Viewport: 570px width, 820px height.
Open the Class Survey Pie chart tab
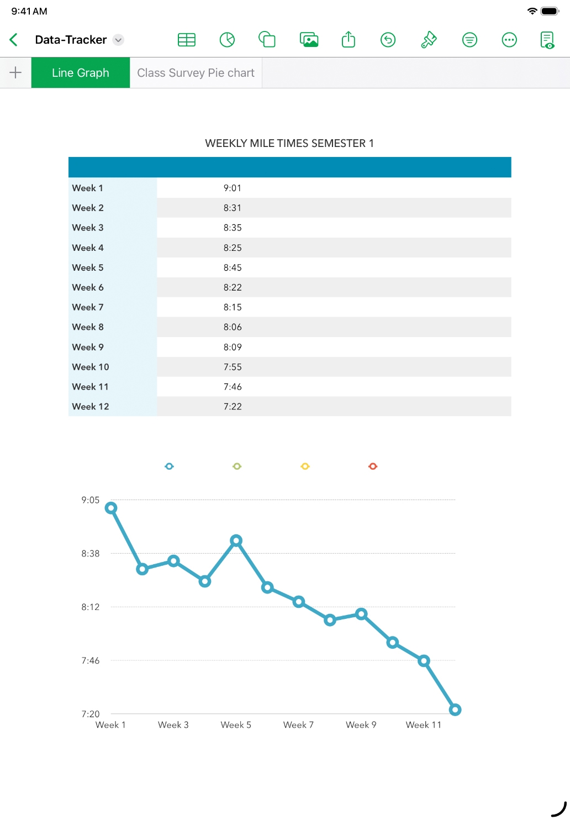pyautogui.click(x=196, y=73)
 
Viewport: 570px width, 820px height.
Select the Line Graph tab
pyautogui.click(x=81, y=73)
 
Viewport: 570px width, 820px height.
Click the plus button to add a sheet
pyautogui.click(x=15, y=72)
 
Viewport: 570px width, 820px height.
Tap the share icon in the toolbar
pyautogui.click(x=349, y=40)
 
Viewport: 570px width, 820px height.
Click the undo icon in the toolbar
pyautogui.click(x=388, y=40)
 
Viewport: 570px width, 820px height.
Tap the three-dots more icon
pyautogui.click(x=509, y=40)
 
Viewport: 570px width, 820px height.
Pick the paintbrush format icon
pyautogui.click(x=429, y=40)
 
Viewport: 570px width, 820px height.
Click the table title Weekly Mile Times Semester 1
pyautogui.click(x=289, y=144)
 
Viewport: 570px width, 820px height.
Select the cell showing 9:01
pyautogui.click(x=233, y=188)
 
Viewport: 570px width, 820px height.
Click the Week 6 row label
pyautogui.click(x=88, y=287)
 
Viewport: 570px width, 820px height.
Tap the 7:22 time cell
pyautogui.click(x=233, y=407)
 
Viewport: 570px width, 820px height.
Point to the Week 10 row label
pyautogui.click(x=91, y=367)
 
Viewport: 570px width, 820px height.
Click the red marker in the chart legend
pyautogui.click(x=373, y=466)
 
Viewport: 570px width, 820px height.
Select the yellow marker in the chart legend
pyautogui.click(x=305, y=466)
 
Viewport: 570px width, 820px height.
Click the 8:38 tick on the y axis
pyautogui.click(x=91, y=554)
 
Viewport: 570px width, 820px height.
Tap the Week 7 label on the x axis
pyautogui.click(x=298, y=725)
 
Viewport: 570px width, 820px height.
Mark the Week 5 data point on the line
pyautogui.click(x=236, y=540)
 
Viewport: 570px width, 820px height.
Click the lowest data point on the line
pyautogui.click(x=455, y=709)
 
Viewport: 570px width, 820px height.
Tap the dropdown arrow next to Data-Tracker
pyautogui.click(x=118, y=40)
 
